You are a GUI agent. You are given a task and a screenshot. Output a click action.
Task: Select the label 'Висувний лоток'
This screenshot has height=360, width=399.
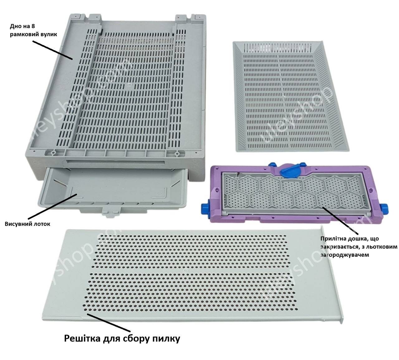tap(27, 224)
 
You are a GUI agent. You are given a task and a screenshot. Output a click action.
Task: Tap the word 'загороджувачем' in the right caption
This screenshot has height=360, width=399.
tap(345, 255)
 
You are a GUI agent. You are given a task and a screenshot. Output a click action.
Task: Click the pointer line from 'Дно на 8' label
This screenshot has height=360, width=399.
tap(52, 50)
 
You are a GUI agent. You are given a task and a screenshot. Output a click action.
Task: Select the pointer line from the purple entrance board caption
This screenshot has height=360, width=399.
tap(340, 221)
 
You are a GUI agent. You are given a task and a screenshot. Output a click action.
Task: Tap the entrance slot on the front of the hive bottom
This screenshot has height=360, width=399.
tap(116, 162)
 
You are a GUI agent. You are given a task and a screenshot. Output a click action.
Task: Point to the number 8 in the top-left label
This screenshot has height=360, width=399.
tap(33, 26)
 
